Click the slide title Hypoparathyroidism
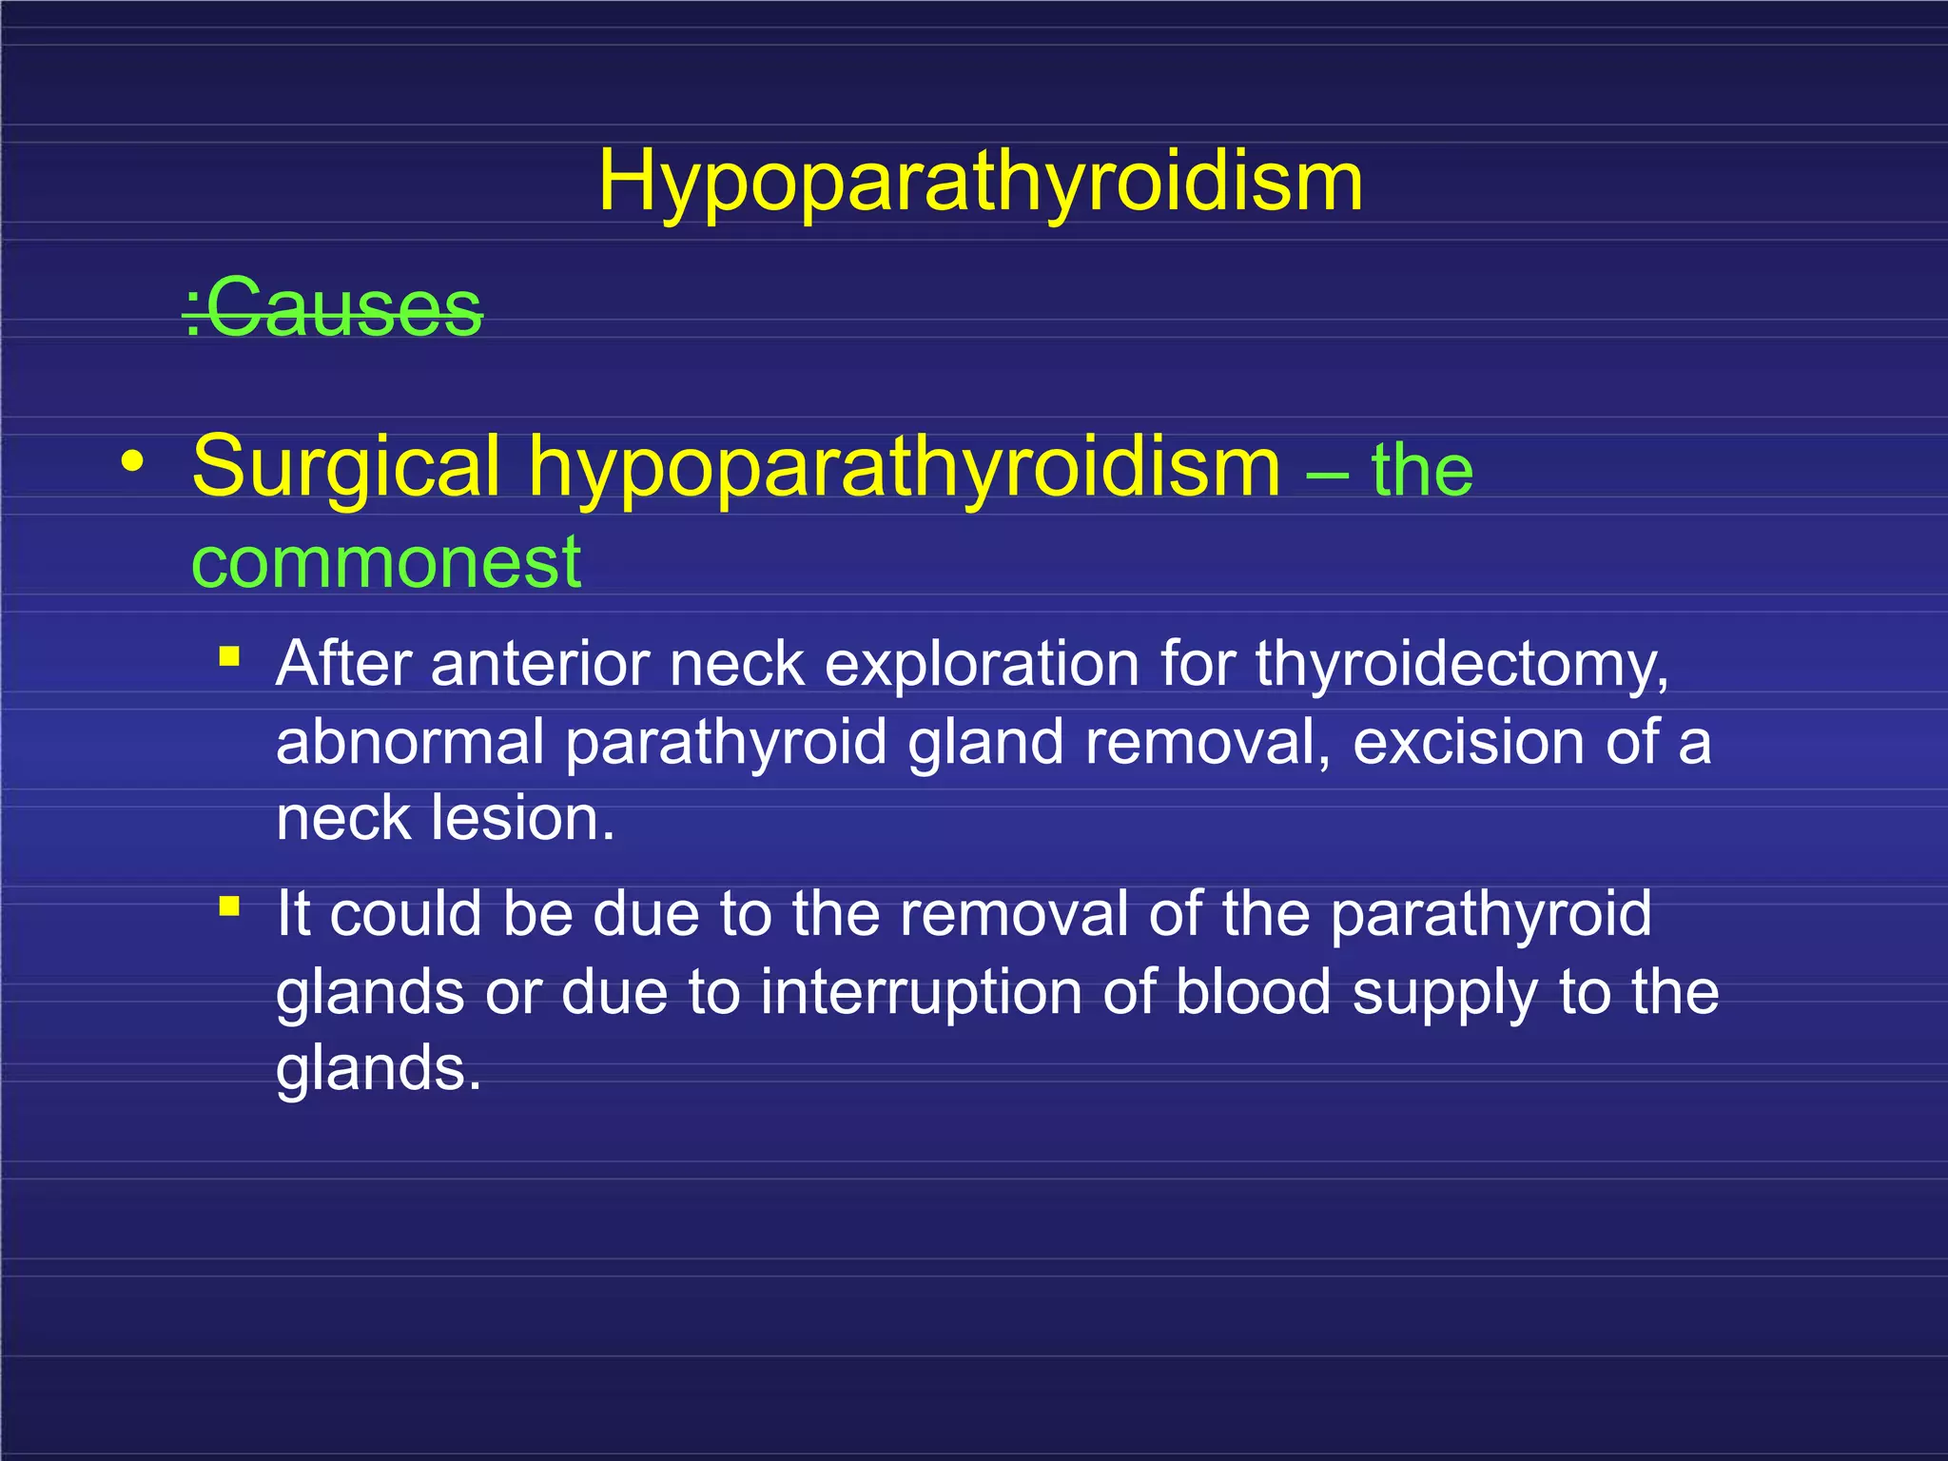[x=981, y=182]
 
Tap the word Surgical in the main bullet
[x=345, y=466]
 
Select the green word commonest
[x=386, y=562]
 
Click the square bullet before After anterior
[x=229, y=656]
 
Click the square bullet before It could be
[x=229, y=906]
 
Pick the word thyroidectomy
[x=1461, y=664]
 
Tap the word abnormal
[x=410, y=742]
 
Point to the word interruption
[x=921, y=992]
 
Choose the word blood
[x=1253, y=992]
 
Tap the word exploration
[x=982, y=664]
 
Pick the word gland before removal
[x=985, y=742]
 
